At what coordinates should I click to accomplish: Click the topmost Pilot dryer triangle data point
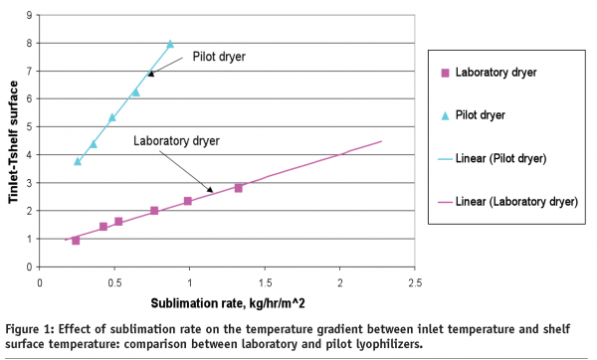tap(170, 44)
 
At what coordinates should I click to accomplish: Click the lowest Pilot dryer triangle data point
tap(78, 161)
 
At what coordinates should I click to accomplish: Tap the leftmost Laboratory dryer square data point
tap(76, 241)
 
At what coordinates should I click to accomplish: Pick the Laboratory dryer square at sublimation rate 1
tap(187, 202)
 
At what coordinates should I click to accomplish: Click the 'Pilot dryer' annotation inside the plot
tap(219, 57)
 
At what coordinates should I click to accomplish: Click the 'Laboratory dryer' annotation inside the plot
tap(174, 140)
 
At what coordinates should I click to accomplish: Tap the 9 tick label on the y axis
tap(29, 15)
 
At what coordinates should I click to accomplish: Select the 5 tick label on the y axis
tap(29, 127)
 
